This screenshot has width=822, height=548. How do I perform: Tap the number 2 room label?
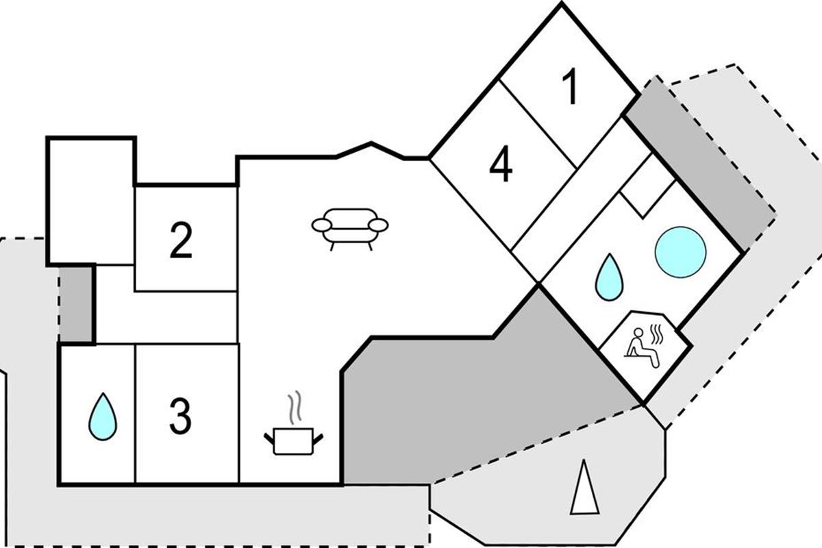181,241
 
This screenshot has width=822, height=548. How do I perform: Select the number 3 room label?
180,415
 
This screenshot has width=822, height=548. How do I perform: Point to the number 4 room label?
501,166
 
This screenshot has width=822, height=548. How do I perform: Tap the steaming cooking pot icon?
293,439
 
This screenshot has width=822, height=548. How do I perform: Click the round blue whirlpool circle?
680,252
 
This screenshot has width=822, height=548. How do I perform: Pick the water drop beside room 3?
103,416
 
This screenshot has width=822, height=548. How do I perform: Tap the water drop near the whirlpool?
609,277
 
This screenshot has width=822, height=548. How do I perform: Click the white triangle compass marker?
584,489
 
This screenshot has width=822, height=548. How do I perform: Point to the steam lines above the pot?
295,408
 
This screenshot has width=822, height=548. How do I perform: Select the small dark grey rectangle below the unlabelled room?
76,304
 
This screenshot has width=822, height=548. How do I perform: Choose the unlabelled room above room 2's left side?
90,200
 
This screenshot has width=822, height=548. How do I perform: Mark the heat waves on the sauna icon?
658,333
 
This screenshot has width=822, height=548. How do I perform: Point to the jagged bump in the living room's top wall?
372,146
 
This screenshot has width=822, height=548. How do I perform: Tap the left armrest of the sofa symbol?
321,225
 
